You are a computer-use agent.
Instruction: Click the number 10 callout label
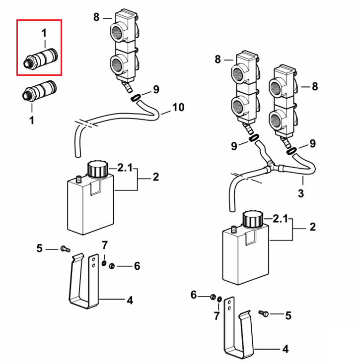178,107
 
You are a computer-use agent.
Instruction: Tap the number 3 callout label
300,193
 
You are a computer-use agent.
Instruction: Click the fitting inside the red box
41,59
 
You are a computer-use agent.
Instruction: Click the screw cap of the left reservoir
98,169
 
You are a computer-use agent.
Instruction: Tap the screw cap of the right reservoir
253,219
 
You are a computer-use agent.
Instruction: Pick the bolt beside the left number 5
65,249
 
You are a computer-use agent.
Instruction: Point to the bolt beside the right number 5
264,313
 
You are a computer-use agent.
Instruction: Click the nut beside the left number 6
112,265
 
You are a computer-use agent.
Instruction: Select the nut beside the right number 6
213,297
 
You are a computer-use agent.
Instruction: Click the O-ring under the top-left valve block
136,98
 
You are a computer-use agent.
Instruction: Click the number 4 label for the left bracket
130,300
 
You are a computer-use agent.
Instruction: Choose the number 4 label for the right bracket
286,349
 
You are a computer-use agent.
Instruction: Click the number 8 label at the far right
314,86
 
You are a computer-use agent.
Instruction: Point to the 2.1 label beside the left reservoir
125,168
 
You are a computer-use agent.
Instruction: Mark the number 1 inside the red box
44,33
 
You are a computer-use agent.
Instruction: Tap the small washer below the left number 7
104,263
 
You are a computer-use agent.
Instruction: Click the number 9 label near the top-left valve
156,89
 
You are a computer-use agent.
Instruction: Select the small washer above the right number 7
219,300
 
